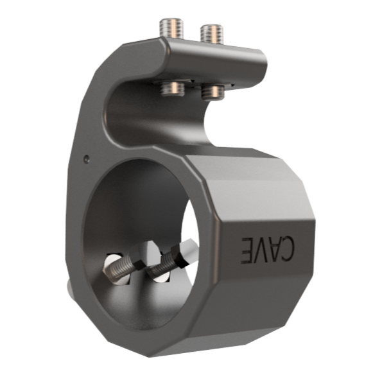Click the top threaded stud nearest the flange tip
coord(212,34)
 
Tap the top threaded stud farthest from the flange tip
coord(172,28)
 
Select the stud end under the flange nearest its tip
coord(213,92)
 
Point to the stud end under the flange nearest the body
coord(173,89)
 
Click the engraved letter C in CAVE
coord(286,248)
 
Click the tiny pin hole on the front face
coord(87,159)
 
